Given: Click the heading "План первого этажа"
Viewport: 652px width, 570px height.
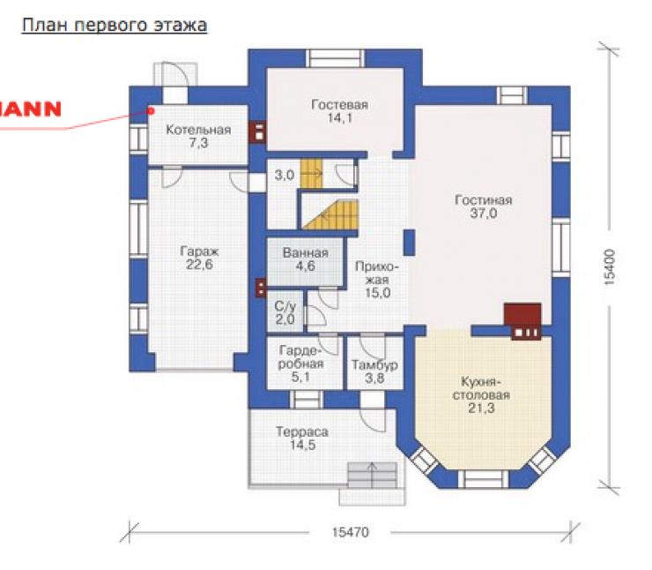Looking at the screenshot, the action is (115, 26).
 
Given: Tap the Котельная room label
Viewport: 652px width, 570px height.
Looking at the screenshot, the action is (198, 136).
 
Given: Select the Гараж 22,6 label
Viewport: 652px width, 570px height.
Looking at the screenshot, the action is (200, 258).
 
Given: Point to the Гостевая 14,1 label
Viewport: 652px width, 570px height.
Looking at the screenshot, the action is (340, 111).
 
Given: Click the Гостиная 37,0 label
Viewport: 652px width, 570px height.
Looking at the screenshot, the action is (483, 206).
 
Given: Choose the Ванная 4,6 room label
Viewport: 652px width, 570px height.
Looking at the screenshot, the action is (305, 259).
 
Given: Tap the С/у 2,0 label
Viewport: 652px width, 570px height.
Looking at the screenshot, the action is (285, 312).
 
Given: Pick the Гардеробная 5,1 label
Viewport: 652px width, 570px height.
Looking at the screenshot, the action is (300, 364).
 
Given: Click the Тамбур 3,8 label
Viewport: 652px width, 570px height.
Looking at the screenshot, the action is (374, 371).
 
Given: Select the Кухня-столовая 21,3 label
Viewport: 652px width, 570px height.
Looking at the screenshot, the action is (481, 394).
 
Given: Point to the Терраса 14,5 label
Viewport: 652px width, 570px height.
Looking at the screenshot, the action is (302, 439).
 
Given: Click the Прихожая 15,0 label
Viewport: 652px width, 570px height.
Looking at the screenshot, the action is (378, 280).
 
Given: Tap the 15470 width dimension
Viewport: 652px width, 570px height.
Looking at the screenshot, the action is (351, 532).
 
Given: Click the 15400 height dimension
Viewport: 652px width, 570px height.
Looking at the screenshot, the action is (609, 266).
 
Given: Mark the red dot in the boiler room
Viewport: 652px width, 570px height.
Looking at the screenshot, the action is (152, 111).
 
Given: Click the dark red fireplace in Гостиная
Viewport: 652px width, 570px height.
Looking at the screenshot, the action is (523, 321).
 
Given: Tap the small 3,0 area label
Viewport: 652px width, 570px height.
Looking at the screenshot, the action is (285, 175).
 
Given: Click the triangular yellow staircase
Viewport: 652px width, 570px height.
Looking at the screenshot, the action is (330, 214).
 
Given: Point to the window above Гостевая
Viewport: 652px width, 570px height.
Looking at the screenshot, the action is (335, 58).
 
